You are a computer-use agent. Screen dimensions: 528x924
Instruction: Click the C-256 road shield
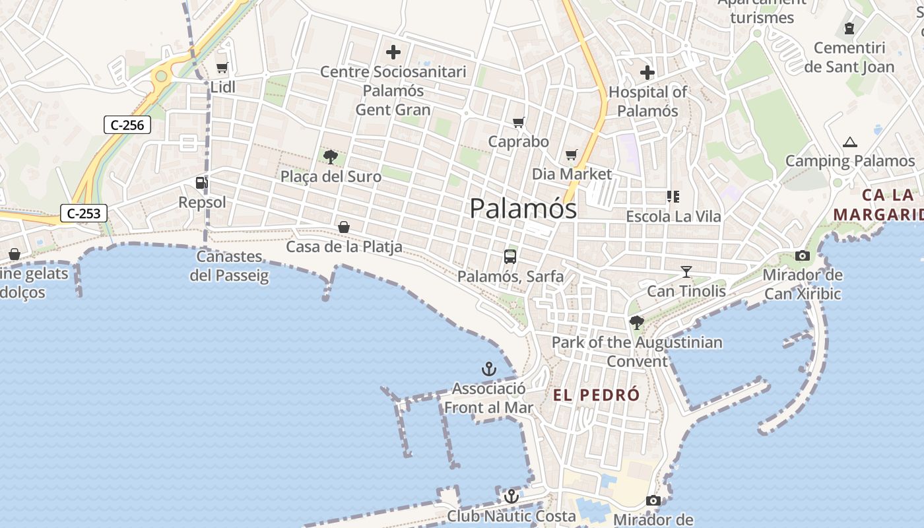127,125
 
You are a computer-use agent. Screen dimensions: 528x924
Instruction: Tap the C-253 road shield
84,213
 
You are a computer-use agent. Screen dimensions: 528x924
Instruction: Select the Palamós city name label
523,209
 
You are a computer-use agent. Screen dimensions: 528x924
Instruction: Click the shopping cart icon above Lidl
222,67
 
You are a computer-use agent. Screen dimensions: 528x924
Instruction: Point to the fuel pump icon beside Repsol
201,182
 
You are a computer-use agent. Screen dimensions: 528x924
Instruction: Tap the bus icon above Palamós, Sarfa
510,257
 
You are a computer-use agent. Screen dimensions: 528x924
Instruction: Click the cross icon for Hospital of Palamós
647,73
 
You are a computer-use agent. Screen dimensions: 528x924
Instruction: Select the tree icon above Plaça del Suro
331,157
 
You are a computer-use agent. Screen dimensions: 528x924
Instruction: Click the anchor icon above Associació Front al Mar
489,369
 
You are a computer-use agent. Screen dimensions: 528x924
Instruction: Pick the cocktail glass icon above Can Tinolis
686,271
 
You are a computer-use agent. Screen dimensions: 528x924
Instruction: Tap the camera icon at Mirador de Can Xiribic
803,255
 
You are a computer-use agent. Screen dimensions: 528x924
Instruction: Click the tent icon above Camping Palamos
850,142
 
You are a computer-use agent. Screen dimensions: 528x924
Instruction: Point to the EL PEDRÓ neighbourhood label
596,395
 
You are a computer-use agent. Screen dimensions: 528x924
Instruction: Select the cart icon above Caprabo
519,122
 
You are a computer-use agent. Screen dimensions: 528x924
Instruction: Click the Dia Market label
572,174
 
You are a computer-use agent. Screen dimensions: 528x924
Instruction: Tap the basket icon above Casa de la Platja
344,227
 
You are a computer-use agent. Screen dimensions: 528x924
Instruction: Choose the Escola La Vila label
673,216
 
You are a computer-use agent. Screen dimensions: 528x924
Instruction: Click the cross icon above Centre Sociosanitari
393,52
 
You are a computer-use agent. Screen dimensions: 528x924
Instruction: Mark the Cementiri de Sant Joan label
849,57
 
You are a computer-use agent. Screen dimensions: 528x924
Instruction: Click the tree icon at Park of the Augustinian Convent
637,323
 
